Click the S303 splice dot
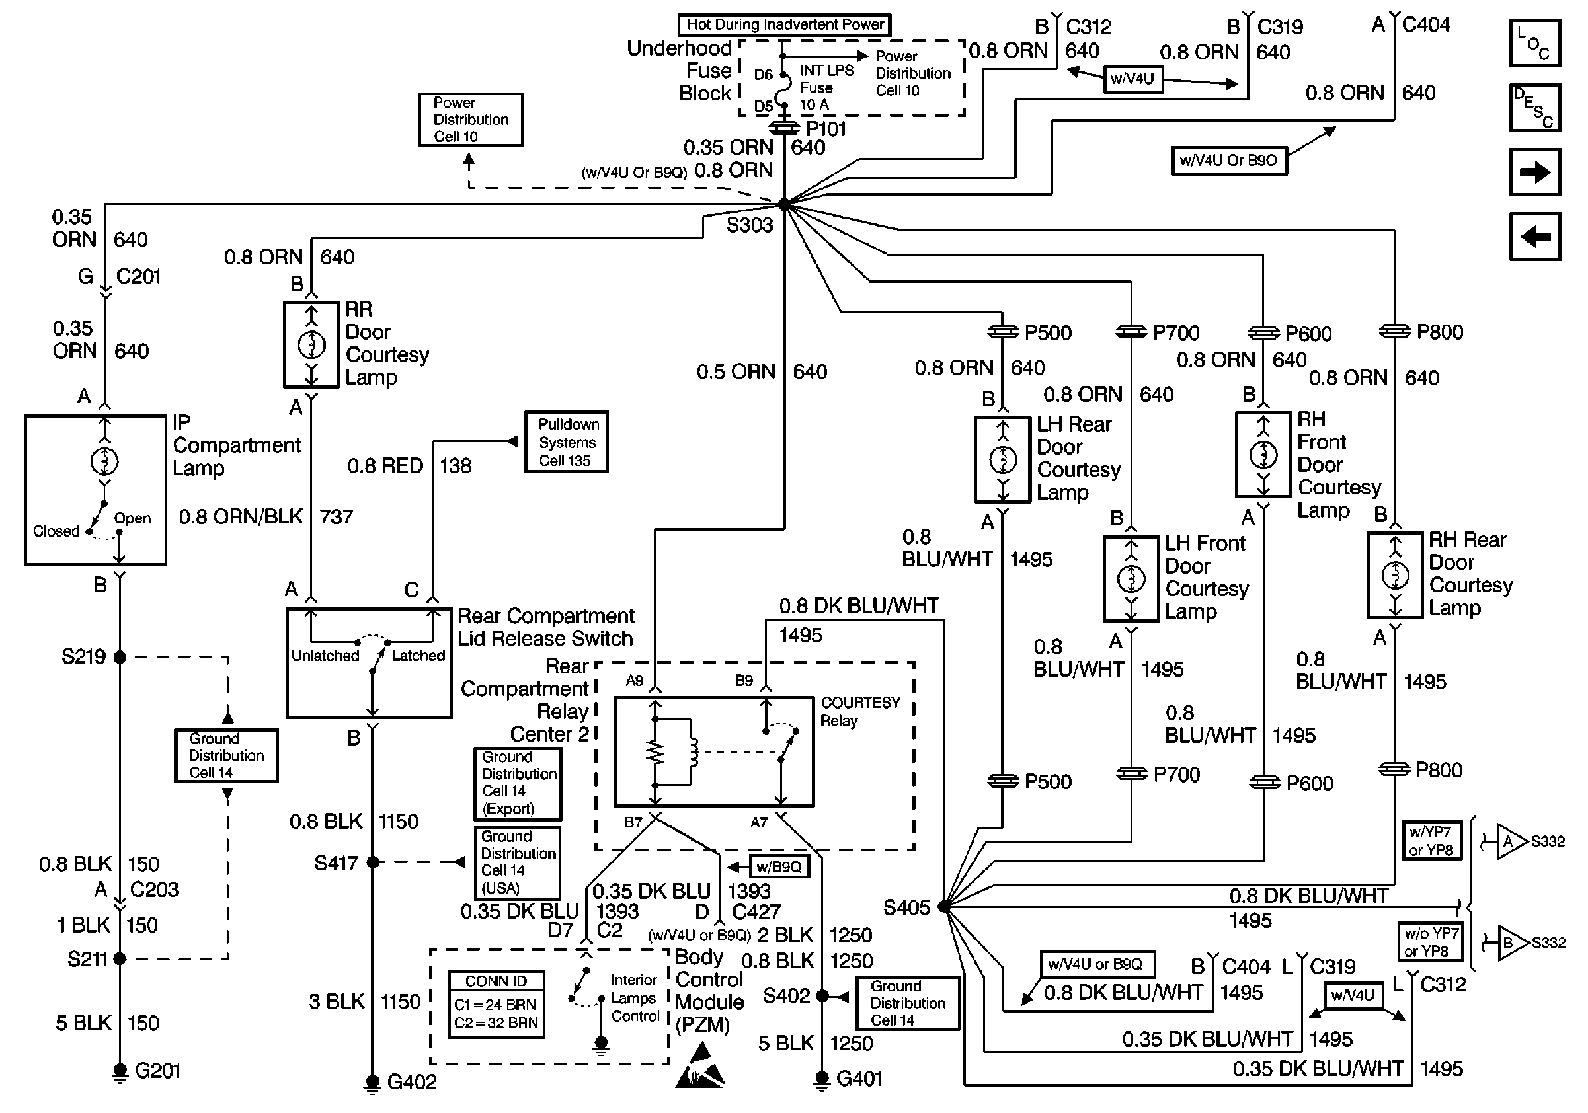click(x=783, y=205)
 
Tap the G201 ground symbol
click(x=120, y=1071)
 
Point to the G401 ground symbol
click(x=822, y=1079)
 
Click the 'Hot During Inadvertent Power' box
click(x=784, y=25)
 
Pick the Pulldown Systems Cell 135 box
click(x=567, y=442)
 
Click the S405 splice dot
click(x=943, y=906)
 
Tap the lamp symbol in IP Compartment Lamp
click(x=104, y=461)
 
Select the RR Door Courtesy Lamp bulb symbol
click(x=311, y=344)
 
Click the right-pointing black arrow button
click(x=1534, y=172)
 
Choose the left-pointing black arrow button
click(x=1534, y=237)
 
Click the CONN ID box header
click(x=496, y=981)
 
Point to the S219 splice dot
click(x=120, y=657)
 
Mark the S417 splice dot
click(x=373, y=862)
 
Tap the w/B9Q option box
click(x=779, y=867)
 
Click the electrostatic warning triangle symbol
click(x=700, y=1065)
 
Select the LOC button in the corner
click(x=1534, y=43)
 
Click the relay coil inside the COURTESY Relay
click(x=692, y=752)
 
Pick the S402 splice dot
click(x=822, y=996)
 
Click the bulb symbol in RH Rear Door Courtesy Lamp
click(x=1395, y=575)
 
